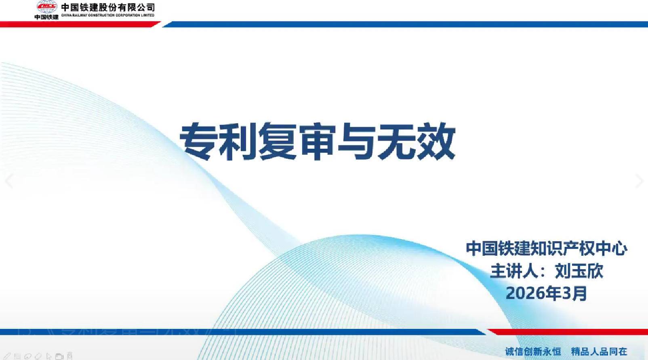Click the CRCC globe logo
click(x=47, y=6)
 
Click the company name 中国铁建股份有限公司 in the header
click(x=108, y=7)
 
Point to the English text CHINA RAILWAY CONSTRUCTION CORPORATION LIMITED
click(x=108, y=15)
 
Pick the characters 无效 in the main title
click(x=416, y=141)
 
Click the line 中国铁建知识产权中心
click(x=546, y=248)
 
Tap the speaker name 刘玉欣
click(x=579, y=271)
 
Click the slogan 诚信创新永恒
click(x=533, y=352)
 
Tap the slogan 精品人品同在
click(x=599, y=352)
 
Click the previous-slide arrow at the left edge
click(x=8, y=181)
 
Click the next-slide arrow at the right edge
click(x=639, y=181)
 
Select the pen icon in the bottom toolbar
click(x=7, y=356)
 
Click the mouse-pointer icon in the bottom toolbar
click(x=48, y=356)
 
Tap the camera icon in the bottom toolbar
click(x=59, y=356)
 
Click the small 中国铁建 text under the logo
click(x=46, y=17)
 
